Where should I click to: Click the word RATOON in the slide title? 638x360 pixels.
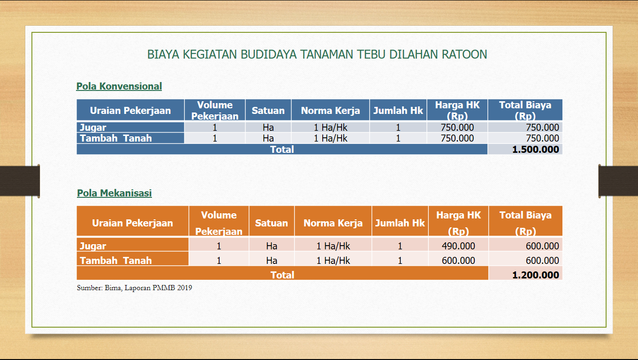click(464, 54)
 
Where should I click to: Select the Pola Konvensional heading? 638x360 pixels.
click(119, 86)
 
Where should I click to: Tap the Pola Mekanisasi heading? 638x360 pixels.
click(114, 193)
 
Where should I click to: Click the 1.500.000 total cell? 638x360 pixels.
click(535, 150)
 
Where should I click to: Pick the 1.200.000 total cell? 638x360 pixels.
click(535, 275)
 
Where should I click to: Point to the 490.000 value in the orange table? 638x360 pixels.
click(458, 246)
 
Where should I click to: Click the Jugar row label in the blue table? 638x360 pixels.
click(93, 127)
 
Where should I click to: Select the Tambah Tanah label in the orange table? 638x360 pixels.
click(115, 261)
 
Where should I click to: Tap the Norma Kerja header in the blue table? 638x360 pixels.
click(330, 111)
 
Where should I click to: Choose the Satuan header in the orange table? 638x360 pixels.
click(272, 223)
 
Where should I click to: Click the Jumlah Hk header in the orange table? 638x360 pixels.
click(400, 223)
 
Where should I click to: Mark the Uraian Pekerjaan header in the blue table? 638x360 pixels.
click(130, 111)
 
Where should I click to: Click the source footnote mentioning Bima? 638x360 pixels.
click(135, 288)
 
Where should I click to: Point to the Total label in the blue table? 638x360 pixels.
click(282, 150)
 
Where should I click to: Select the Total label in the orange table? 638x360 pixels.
click(282, 275)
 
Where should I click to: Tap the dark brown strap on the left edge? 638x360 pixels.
click(19, 181)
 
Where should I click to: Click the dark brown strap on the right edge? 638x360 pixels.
click(618, 181)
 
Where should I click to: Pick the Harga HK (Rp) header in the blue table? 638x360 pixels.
click(457, 111)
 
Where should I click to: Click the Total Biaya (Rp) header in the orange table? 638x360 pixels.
click(525, 223)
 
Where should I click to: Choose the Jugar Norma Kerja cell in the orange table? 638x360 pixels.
click(333, 246)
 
